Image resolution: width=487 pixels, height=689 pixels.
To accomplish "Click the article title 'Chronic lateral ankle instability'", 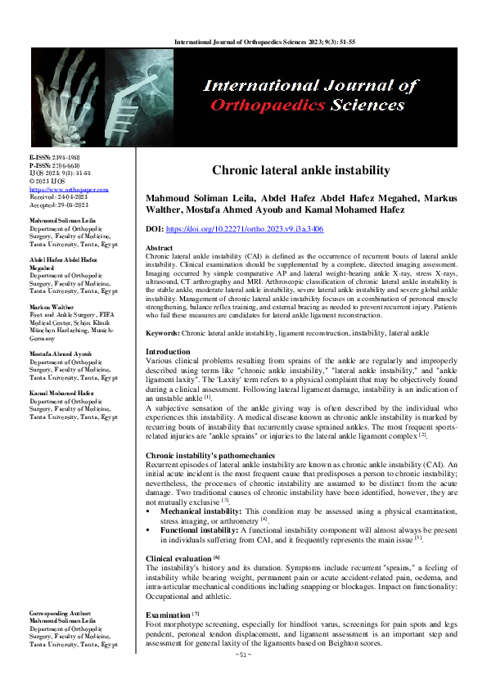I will (300, 170).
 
